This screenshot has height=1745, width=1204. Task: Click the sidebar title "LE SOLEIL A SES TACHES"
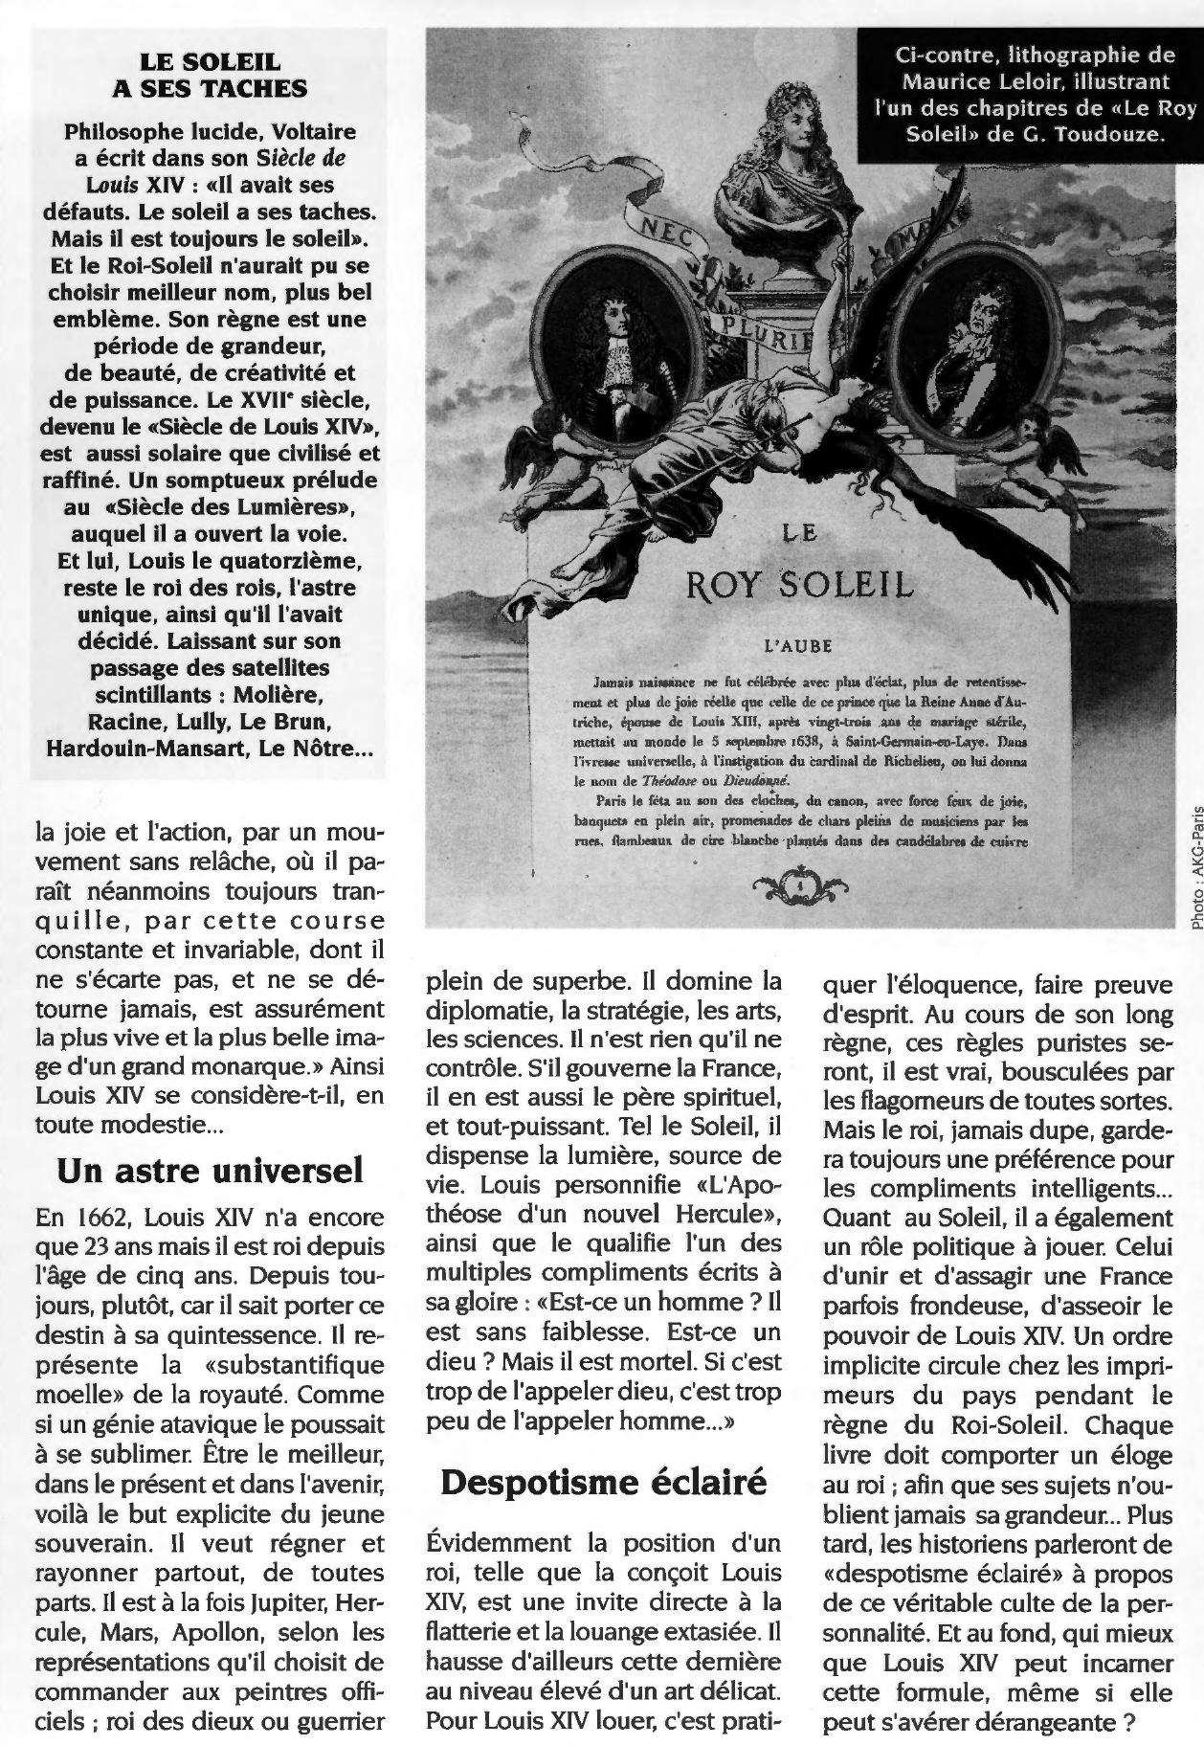click(x=210, y=76)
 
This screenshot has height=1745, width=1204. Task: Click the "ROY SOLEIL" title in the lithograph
click(x=799, y=584)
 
